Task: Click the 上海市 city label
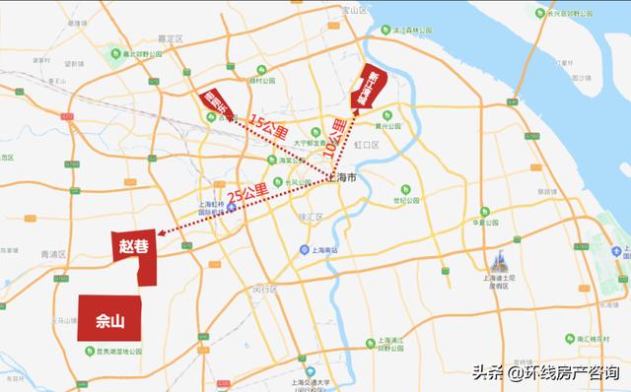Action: (345, 177)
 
